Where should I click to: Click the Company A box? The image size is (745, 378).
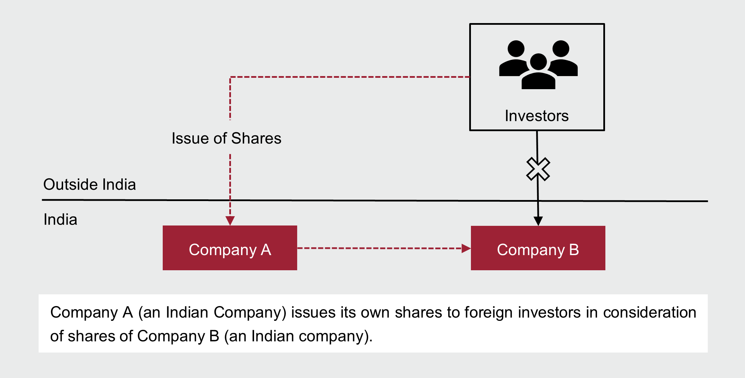pyautogui.click(x=230, y=248)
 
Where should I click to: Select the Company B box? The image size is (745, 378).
pyautogui.click(x=538, y=248)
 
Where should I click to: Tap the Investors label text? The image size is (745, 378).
pyautogui.click(x=537, y=116)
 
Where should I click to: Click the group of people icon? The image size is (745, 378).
pyautogui.click(x=538, y=65)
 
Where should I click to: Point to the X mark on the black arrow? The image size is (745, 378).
pyautogui.click(x=538, y=169)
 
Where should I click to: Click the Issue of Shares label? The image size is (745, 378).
pyautogui.click(x=226, y=138)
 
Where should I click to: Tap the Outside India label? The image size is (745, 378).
pyautogui.click(x=90, y=185)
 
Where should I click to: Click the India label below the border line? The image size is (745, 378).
pyautogui.click(x=60, y=220)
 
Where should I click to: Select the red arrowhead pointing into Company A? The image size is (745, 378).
pyautogui.click(x=230, y=220)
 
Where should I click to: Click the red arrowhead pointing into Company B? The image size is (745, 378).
pyautogui.click(x=466, y=248)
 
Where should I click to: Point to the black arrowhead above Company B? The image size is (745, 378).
pyautogui.click(x=538, y=221)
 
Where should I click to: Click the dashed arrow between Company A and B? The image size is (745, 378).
pyautogui.click(x=379, y=248)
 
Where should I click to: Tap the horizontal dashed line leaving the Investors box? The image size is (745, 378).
pyautogui.click(x=350, y=77)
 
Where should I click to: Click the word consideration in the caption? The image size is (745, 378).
pyautogui.click(x=650, y=313)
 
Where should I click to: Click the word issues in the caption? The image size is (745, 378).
pyautogui.click(x=313, y=313)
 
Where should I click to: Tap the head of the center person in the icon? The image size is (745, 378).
pyautogui.click(x=538, y=62)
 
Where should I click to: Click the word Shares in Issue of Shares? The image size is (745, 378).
pyautogui.click(x=256, y=138)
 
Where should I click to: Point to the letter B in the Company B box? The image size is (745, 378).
pyautogui.click(x=574, y=250)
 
